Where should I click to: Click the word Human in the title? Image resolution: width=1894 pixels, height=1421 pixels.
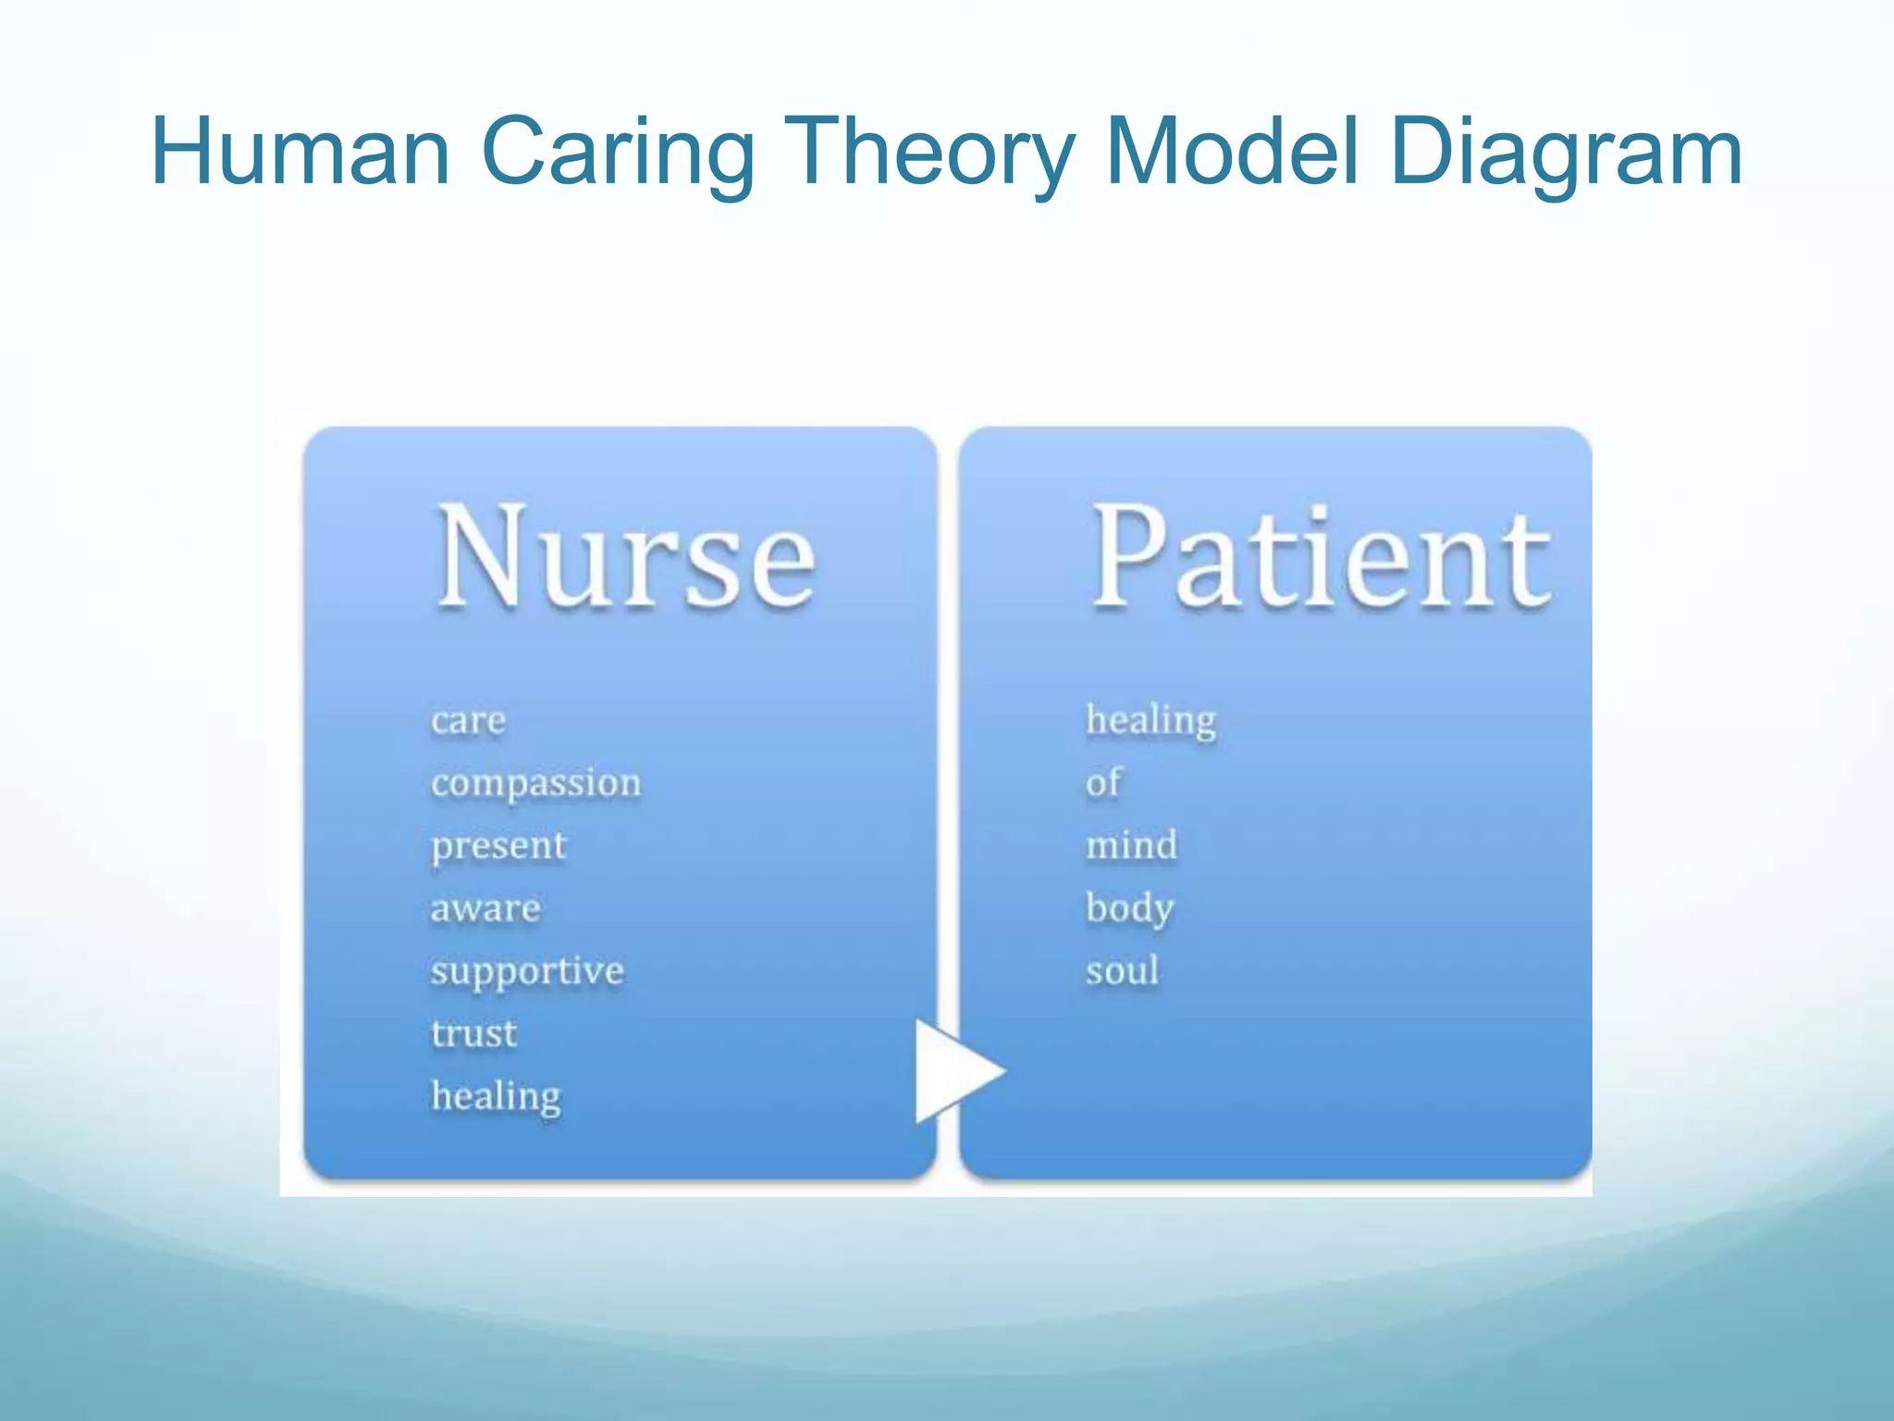pyautogui.click(x=300, y=152)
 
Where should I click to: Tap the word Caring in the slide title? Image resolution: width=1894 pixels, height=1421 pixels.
pyautogui.click(x=618, y=152)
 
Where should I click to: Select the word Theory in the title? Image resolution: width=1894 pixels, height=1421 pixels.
pyautogui.click(x=934, y=152)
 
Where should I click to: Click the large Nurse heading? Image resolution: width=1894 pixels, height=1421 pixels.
pyautogui.click(x=626, y=558)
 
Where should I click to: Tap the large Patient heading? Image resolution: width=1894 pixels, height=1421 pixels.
pyautogui.click(x=1320, y=558)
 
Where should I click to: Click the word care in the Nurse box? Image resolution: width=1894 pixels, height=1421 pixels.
pyautogui.click(x=468, y=721)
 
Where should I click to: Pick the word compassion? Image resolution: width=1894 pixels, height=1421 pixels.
pyautogui.click(x=535, y=784)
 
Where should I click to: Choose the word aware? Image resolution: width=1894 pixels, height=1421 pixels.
pyautogui.click(x=485, y=908)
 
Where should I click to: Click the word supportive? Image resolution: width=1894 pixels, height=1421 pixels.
pyautogui.click(x=527, y=971)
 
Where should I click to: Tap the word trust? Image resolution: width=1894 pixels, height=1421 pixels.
pyautogui.click(x=473, y=1033)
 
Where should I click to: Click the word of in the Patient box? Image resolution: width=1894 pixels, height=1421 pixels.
pyautogui.click(x=1102, y=783)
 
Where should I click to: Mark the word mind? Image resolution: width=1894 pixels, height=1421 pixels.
pyautogui.click(x=1131, y=846)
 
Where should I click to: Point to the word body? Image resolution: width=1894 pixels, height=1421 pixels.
pyautogui.click(x=1129, y=908)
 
